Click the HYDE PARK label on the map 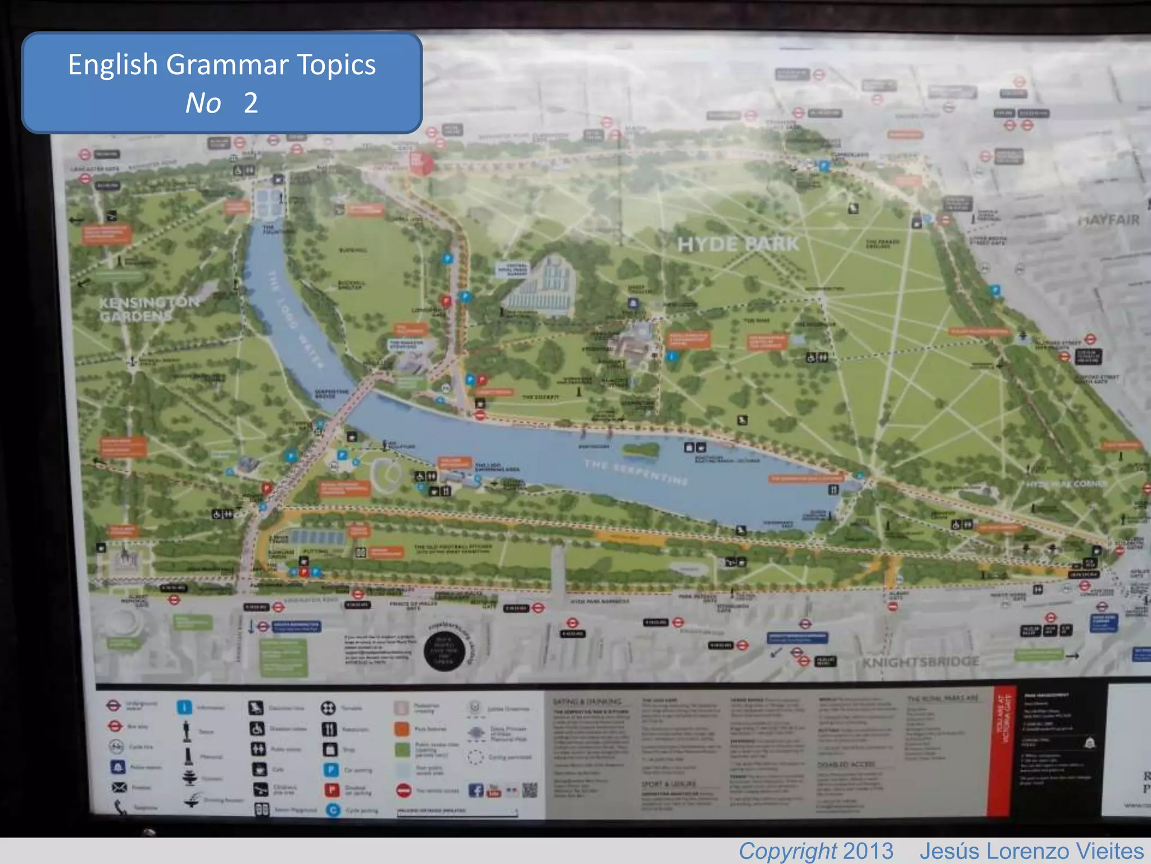click(737, 244)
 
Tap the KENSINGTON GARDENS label click(149, 309)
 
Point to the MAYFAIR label click(1108, 220)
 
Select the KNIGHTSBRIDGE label click(921, 662)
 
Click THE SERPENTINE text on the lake click(635, 472)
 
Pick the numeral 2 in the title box click(251, 103)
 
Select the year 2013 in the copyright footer click(868, 851)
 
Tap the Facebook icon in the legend click(475, 790)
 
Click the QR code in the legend click(529, 790)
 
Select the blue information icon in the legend click(184, 707)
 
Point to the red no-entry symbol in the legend click(404, 790)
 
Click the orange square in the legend click(402, 729)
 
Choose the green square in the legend click(402, 749)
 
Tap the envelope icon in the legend click(119, 787)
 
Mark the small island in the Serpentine click(641, 449)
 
